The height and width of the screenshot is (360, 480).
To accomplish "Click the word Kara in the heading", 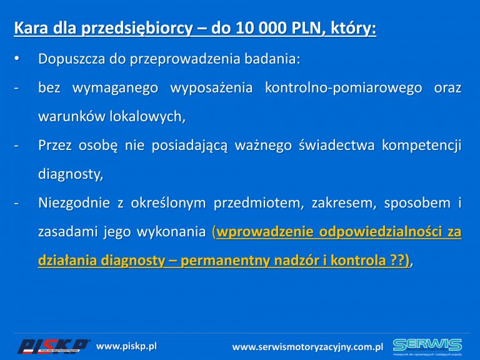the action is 31,28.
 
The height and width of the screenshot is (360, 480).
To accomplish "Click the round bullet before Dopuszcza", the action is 16,58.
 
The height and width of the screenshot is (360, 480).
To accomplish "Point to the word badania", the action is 272,59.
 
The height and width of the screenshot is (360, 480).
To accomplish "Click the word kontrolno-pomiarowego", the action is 344,88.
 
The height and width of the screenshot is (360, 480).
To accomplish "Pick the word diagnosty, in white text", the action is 71,174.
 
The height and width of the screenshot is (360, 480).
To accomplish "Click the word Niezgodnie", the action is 74,203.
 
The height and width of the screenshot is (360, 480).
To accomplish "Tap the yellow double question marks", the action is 397,261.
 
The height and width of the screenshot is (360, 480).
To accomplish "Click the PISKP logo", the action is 53,346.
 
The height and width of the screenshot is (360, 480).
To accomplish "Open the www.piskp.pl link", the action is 126,346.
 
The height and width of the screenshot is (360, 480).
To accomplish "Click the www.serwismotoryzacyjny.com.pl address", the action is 307,347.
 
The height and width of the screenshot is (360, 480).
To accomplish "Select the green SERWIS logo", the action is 427,346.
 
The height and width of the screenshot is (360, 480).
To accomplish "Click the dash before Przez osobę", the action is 16,146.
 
